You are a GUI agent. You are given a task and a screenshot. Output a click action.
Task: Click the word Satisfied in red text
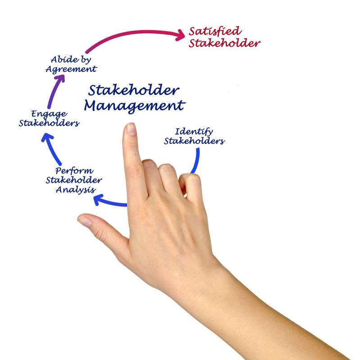click(x=215, y=31)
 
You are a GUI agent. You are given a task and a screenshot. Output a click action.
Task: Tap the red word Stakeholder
click(x=224, y=43)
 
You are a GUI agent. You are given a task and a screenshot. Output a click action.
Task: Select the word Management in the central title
click(x=134, y=106)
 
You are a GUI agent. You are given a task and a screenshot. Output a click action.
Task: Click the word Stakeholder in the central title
click(x=133, y=90)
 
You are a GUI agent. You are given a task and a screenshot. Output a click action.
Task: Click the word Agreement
click(x=71, y=69)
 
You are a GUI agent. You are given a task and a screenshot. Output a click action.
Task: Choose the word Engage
click(x=49, y=114)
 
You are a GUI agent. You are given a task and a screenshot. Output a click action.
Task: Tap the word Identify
click(x=194, y=132)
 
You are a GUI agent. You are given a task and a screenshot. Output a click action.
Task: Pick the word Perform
click(x=74, y=171)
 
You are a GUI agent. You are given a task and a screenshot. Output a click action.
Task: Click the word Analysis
click(x=76, y=190)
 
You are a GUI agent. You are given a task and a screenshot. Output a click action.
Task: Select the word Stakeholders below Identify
click(x=194, y=141)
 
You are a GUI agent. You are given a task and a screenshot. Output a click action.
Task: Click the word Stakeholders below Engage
click(x=49, y=123)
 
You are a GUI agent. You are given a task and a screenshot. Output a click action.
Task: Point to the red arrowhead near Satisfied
click(x=180, y=35)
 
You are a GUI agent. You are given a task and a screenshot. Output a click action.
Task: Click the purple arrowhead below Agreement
click(x=60, y=78)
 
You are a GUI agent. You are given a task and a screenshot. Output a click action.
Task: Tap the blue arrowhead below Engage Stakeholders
click(x=47, y=138)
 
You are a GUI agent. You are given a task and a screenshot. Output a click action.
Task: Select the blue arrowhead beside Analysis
click(x=98, y=200)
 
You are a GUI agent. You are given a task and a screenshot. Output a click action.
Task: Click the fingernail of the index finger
click(x=131, y=129)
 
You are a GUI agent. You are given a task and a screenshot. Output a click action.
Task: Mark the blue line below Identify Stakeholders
click(x=195, y=161)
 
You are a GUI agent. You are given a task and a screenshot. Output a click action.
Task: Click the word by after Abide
click(x=86, y=60)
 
